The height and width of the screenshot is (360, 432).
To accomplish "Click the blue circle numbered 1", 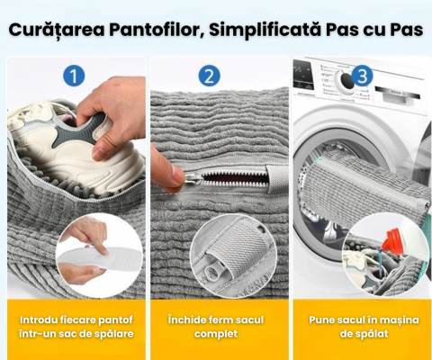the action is [74, 76].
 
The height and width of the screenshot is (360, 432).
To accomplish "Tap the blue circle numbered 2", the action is [209, 76].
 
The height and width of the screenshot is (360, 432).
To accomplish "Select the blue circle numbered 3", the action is [362, 76].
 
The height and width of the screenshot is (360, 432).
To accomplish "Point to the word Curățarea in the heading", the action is [57, 31].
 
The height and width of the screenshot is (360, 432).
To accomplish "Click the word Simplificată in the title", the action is [265, 30].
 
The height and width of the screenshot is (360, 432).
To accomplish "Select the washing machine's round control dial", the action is [345, 80].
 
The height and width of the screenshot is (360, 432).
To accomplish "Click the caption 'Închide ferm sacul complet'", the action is [216, 327].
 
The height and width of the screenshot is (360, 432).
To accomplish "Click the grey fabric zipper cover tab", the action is [277, 179].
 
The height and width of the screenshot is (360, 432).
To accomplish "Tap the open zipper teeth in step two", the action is [234, 178].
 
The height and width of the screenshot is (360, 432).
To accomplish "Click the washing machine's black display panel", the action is [303, 75].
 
